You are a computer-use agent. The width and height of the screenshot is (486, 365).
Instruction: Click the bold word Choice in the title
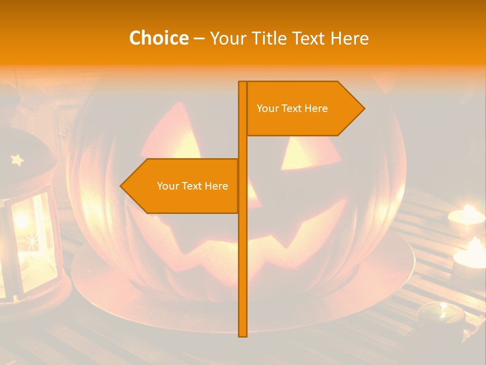[x=158, y=38]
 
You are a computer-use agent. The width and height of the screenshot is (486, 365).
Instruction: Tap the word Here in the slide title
[x=349, y=38]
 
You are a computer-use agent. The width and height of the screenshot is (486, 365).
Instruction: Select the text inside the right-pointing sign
[x=292, y=108]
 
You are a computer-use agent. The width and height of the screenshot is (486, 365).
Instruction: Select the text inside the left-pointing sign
[x=192, y=186]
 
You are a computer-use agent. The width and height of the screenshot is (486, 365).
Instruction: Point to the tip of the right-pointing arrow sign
[x=363, y=108]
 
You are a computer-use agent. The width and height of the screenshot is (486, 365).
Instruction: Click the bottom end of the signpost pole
[x=243, y=335]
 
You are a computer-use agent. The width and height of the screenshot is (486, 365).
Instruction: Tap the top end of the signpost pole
[x=243, y=83]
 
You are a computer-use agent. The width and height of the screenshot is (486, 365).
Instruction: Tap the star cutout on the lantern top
[x=17, y=160]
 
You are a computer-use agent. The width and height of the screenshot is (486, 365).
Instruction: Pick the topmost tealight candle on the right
[x=466, y=215]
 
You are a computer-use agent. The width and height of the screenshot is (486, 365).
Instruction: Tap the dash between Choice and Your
[x=199, y=39]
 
